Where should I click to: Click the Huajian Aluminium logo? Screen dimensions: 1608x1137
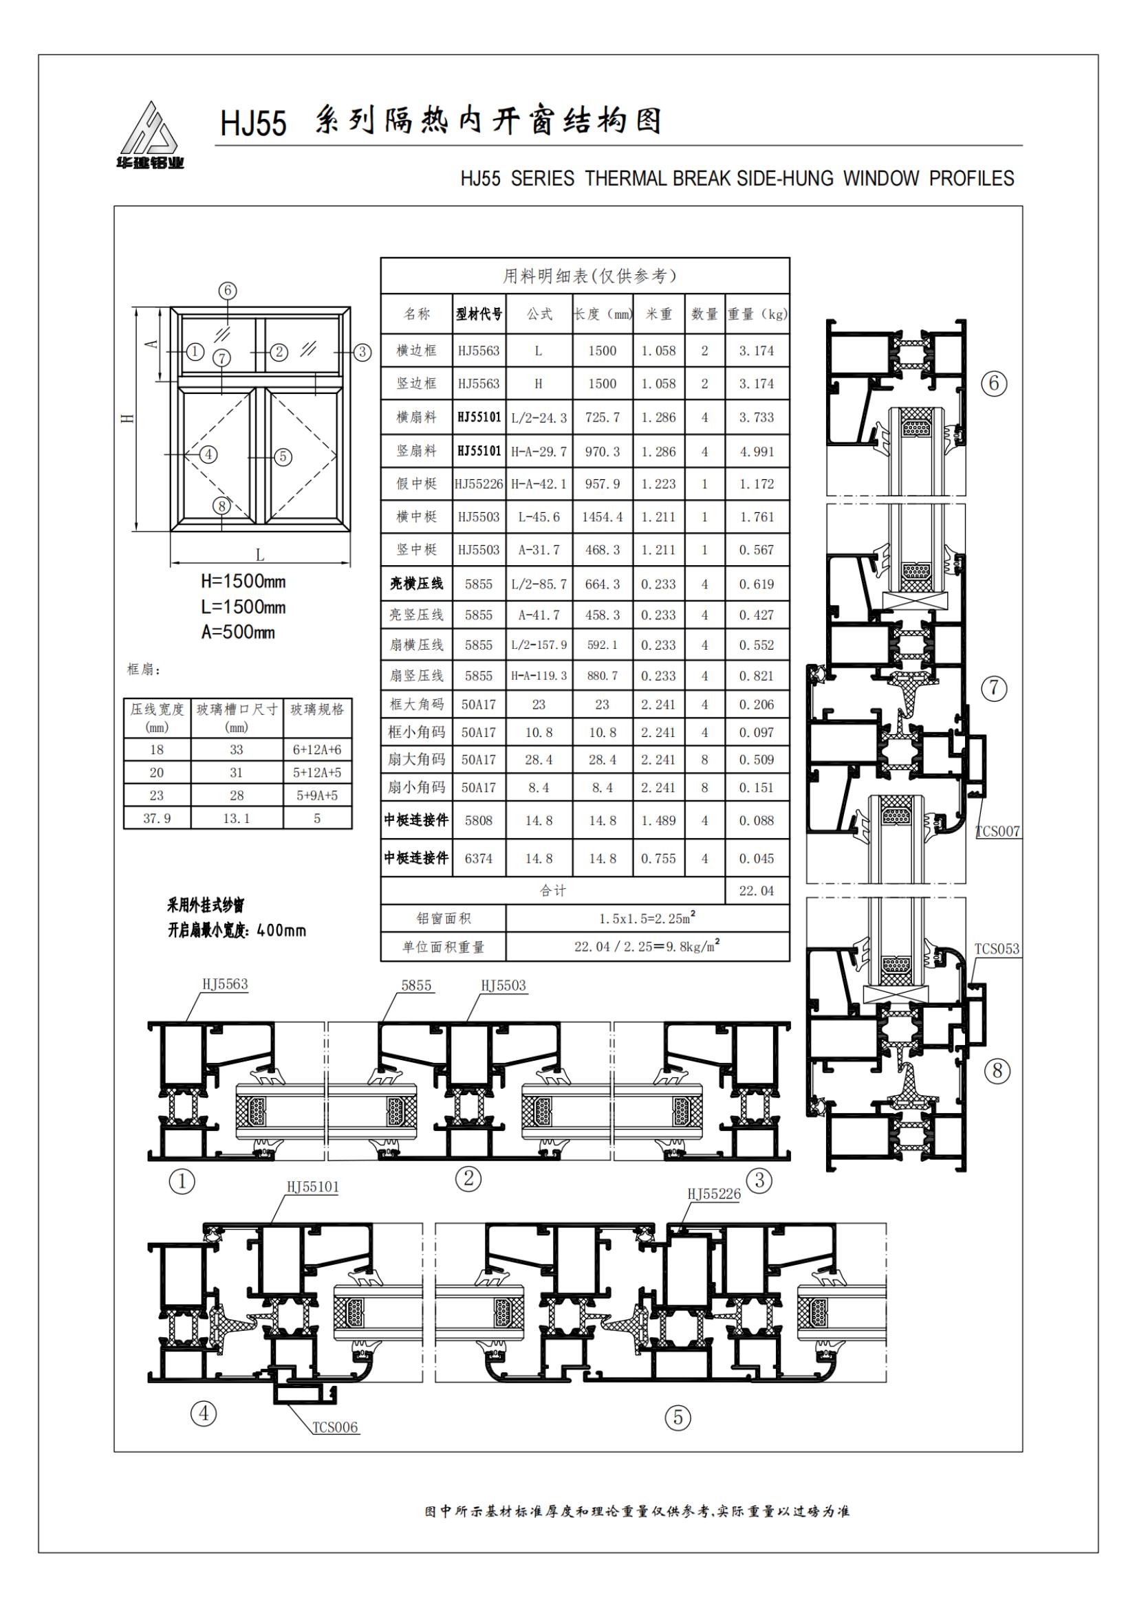(x=150, y=135)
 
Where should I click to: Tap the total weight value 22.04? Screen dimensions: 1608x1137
(x=757, y=891)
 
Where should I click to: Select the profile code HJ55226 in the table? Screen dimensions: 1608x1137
(x=479, y=484)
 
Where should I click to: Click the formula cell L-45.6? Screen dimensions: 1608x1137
(x=539, y=517)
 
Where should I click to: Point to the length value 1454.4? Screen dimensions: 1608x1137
(x=603, y=517)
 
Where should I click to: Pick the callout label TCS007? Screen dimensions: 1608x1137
(x=997, y=832)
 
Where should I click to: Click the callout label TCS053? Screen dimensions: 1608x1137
(x=997, y=949)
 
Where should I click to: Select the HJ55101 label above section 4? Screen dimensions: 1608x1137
(x=312, y=1187)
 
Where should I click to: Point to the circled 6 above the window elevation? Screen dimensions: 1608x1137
(x=227, y=291)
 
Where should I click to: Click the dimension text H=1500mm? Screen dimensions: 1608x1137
(x=243, y=582)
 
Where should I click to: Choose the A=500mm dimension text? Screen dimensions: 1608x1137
(x=238, y=632)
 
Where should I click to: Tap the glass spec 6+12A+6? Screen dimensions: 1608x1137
(x=317, y=750)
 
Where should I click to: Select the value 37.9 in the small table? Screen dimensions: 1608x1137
(x=157, y=818)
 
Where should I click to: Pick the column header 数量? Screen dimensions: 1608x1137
(x=705, y=314)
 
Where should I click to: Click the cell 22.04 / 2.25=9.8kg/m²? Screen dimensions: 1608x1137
(x=647, y=946)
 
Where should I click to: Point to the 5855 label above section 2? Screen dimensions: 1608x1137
(x=416, y=985)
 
